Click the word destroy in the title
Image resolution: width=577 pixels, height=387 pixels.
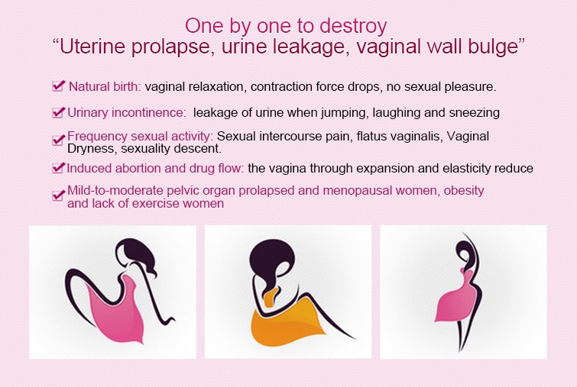click(x=353, y=27)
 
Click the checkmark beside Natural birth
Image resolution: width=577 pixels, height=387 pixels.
click(x=59, y=86)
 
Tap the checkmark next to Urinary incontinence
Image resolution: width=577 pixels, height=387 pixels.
click(x=59, y=112)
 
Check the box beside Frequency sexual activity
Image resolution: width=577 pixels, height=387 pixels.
click(x=59, y=140)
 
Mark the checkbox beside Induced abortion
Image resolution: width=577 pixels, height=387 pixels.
click(x=59, y=168)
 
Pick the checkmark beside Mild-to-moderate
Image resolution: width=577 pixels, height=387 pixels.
click(x=59, y=195)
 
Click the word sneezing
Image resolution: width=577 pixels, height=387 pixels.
click(x=473, y=113)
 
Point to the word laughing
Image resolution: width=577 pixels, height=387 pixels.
click(x=396, y=113)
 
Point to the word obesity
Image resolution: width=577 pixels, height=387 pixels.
click(x=464, y=191)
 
